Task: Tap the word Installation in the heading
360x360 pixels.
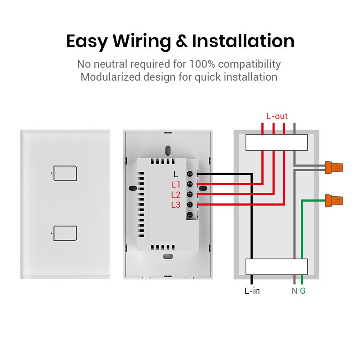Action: (x=243, y=41)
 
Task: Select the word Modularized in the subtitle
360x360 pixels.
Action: (x=110, y=77)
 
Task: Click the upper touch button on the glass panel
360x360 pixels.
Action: (x=65, y=173)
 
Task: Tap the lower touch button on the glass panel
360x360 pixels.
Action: (x=65, y=233)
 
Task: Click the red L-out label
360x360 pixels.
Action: (x=277, y=116)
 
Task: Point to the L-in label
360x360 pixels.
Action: (x=252, y=290)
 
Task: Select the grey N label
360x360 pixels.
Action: (x=295, y=290)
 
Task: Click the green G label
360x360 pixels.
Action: (x=303, y=290)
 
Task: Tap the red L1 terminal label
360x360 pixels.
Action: (x=176, y=185)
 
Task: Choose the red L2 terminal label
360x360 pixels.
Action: (x=176, y=195)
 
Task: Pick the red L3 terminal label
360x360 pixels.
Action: (x=176, y=205)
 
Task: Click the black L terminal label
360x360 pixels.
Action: (x=177, y=175)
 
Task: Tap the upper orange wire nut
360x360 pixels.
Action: (x=334, y=167)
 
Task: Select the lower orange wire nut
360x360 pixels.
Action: (x=334, y=201)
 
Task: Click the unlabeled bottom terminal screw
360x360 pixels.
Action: (x=190, y=215)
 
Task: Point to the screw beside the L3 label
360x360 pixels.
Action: (x=190, y=205)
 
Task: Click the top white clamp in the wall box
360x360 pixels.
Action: (x=277, y=142)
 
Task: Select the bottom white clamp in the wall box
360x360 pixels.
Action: (x=277, y=267)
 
